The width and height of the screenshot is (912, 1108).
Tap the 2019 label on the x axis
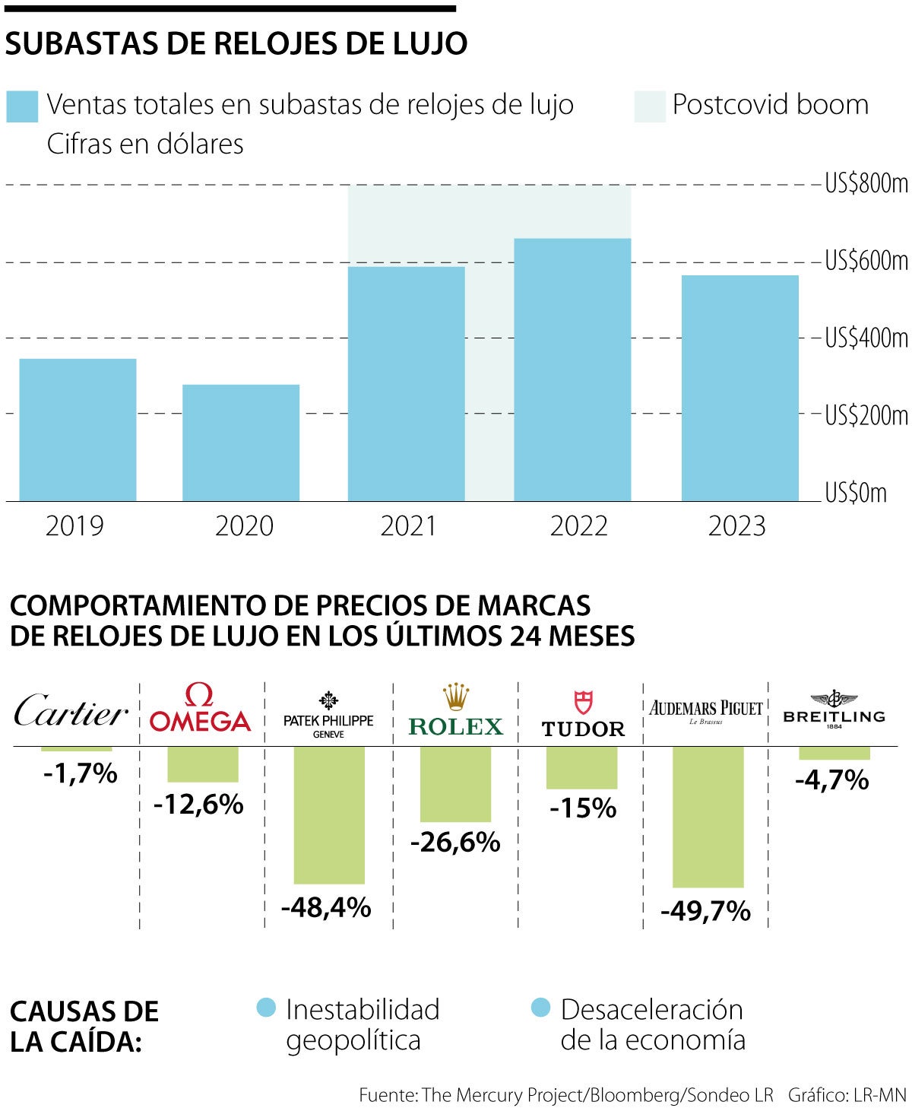[x=74, y=526]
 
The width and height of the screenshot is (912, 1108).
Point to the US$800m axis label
[x=866, y=184]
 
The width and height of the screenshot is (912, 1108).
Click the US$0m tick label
[x=856, y=493]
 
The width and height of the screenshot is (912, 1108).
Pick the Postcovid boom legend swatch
[x=650, y=106]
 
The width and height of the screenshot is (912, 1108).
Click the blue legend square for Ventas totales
[x=22, y=106]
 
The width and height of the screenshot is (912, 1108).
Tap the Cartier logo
[x=71, y=712]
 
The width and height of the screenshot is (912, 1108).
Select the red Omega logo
[x=201, y=709]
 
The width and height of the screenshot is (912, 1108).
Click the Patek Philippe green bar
[x=329, y=814]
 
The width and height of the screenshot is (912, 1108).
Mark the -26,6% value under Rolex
[x=455, y=843]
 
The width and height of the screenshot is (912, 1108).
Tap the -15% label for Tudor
[x=582, y=808]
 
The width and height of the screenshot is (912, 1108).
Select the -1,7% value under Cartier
[x=80, y=774]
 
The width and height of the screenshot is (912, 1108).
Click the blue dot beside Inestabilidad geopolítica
[x=266, y=1008]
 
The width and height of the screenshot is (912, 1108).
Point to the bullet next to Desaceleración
[x=540, y=1008]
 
